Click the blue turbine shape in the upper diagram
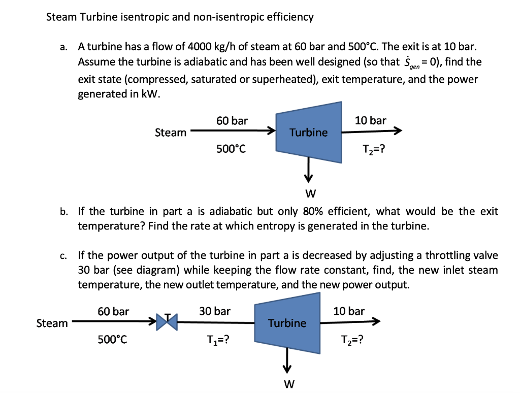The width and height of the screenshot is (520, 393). pos(308,133)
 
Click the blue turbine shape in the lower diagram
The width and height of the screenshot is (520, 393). pos(287,323)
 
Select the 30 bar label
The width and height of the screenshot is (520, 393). pos(214,311)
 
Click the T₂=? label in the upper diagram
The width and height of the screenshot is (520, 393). pos(374,150)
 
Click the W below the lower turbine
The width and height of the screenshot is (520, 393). pos(288,384)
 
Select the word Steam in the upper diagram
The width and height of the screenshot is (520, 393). pos(171,133)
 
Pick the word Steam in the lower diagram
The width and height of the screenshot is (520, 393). pos(52,323)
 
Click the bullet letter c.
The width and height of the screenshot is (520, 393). pos(62,256)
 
